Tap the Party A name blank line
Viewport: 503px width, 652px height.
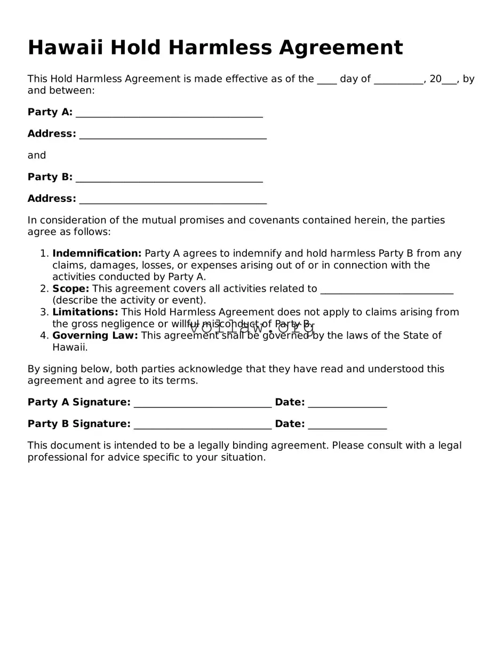pos(169,113)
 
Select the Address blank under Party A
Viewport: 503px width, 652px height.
pos(173,135)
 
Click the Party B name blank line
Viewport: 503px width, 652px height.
pos(169,178)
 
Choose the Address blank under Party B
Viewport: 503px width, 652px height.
pos(173,200)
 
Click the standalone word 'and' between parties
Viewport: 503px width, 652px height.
pos(37,155)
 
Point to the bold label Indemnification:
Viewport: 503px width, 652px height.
pos(97,254)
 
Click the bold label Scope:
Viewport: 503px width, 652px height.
pos(70,289)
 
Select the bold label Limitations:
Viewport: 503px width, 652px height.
pos(85,312)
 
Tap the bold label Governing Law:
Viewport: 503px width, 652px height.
pos(95,336)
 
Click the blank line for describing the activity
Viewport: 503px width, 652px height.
pos(386,290)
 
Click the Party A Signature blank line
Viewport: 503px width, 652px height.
pos(203,404)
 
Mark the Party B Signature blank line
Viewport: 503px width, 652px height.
pos(203,426)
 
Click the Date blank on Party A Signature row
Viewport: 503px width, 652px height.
pos(347,404)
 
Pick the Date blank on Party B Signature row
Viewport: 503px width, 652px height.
pos(347,426)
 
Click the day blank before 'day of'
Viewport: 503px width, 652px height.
pos(326,81)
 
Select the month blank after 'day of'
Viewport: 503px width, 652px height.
pos(398,81)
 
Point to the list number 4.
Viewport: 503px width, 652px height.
pos(44,336)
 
